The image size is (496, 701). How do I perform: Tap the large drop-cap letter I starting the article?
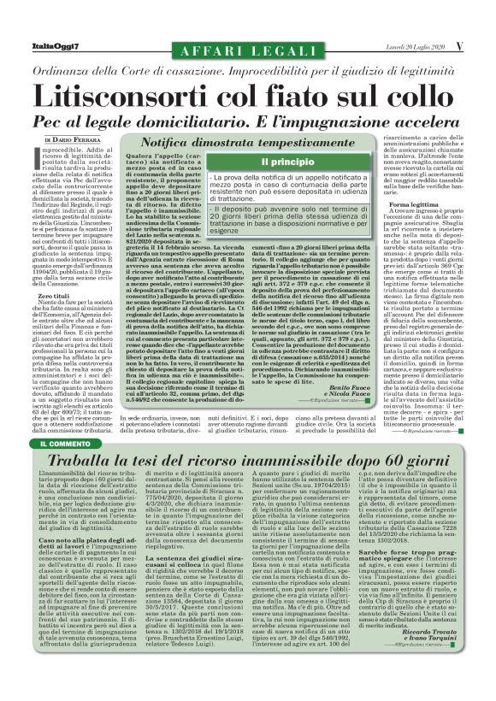[x=33, y=163]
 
